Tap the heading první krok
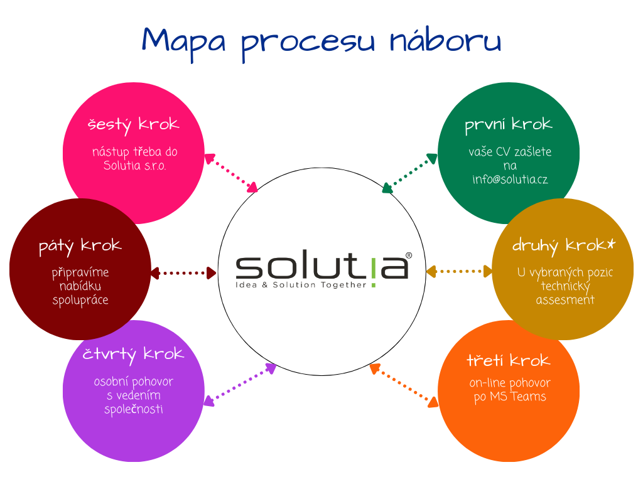tap(508, 124)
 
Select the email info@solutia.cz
tap(510, 179)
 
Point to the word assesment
tap(565, 299)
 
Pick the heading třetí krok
tap(508, 361)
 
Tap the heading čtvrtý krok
tap(133, 355)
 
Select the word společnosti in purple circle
tap(133, 409)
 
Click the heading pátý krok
tap(80, 245)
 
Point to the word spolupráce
tap(80, 300)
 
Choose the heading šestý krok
tap(133, 124)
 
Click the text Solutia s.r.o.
tap(134, 166)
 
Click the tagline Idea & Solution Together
tap(300, 284)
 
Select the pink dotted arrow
tap(230, 171)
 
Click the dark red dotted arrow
tap(184, 272)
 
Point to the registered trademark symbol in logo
tap(409, 255)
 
